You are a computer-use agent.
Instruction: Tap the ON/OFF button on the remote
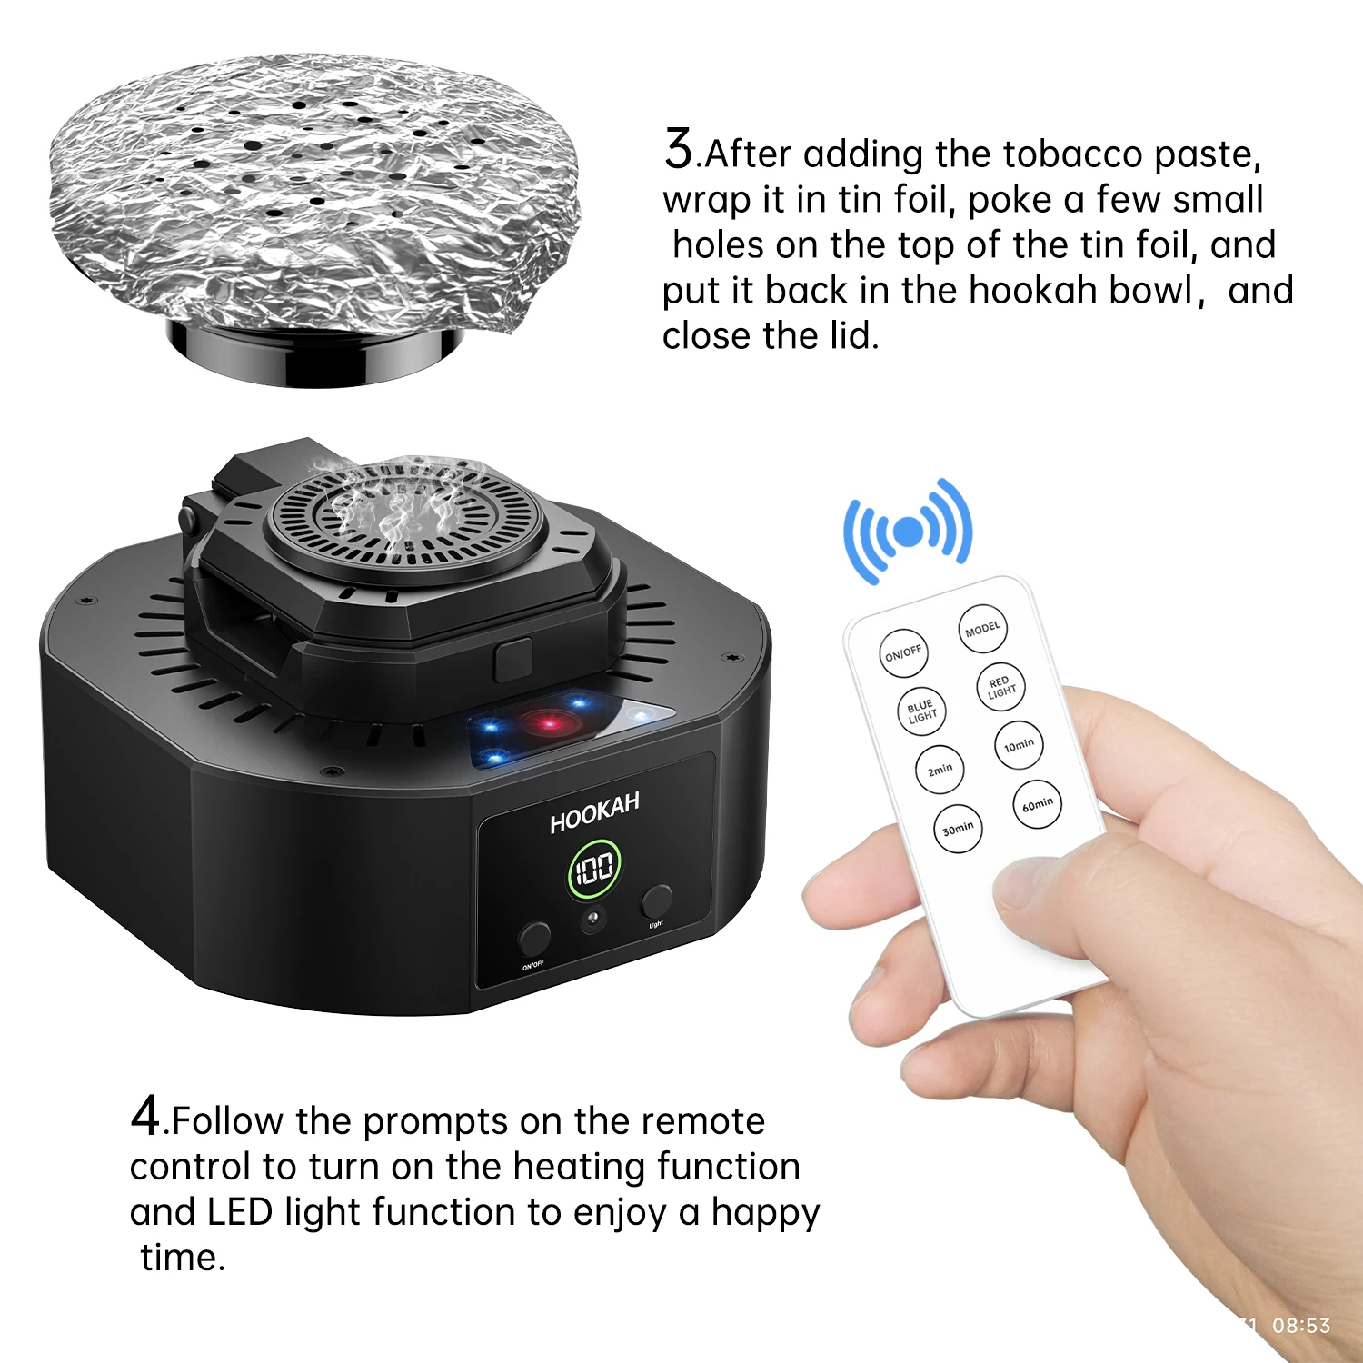click(x=903, y=652)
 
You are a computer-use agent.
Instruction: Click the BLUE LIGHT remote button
click(x=921, y=711)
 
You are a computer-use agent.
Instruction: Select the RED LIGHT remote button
click(x=1000, y=687)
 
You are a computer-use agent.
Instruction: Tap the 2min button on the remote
click(x=940, y=770)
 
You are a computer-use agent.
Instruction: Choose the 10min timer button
click(x=1019, y=745)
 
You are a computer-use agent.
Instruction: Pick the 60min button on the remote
click(x=1037, y=804)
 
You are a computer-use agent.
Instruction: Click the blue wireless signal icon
click(x=908, y=532)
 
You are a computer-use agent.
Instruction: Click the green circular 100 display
click(x=594, y=870)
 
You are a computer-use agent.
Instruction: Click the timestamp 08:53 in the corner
click(x=1300, y=1326)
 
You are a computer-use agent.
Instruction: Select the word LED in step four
click(x=240, y=1212)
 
